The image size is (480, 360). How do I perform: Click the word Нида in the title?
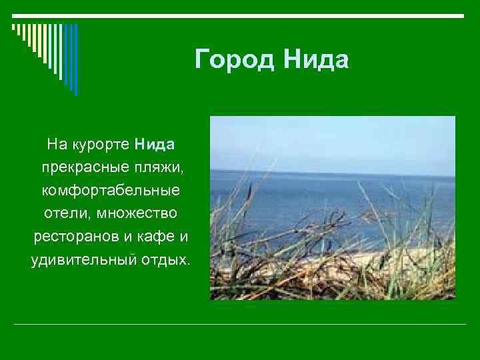pyautogui.click(x=315, y=61)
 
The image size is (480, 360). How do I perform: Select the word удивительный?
pyautogui.click(x=81, y=259)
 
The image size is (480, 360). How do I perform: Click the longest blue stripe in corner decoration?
pyautogui.click(x=75, y=60)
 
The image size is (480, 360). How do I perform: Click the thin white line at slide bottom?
pyautogui.click(x=240, y=324)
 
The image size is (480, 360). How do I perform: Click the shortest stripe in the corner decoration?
pyautogui.click(x=13, y=29)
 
